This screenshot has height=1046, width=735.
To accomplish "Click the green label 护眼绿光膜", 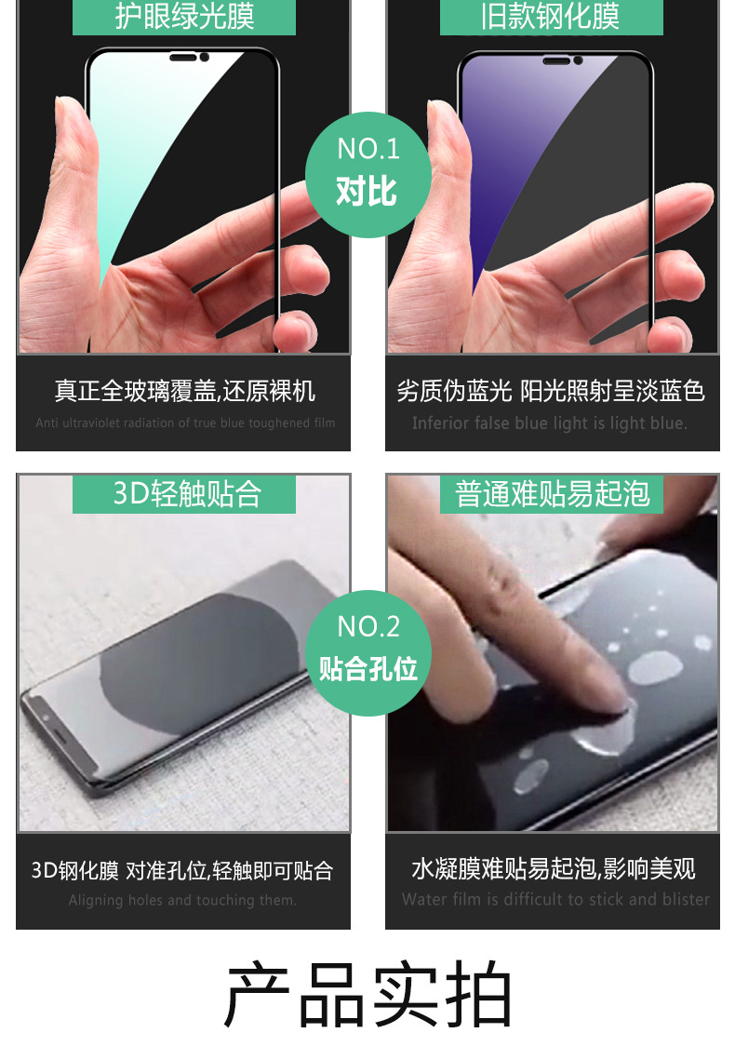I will coord(184,16).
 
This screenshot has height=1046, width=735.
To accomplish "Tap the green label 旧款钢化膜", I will coord(551,16).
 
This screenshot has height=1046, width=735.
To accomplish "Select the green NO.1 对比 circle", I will coord(367,174).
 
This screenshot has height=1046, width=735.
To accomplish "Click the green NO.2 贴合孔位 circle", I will coord(368,651).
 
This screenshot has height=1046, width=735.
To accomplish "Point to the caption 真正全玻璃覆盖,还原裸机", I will coord(184,391).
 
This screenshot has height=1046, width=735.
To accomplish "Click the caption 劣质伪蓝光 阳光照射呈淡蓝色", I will coord(551,391).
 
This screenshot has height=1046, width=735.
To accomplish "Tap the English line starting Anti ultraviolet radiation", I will coord(185,423).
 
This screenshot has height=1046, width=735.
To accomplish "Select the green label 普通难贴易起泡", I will coord(552,493).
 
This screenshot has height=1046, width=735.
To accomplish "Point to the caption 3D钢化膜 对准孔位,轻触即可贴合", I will coord(182,871).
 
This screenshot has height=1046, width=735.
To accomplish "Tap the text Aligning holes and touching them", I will coord(182,900).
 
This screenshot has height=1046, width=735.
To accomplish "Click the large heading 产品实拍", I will coord(368,995).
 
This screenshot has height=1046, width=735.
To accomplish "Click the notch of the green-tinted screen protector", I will coord(185,59).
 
